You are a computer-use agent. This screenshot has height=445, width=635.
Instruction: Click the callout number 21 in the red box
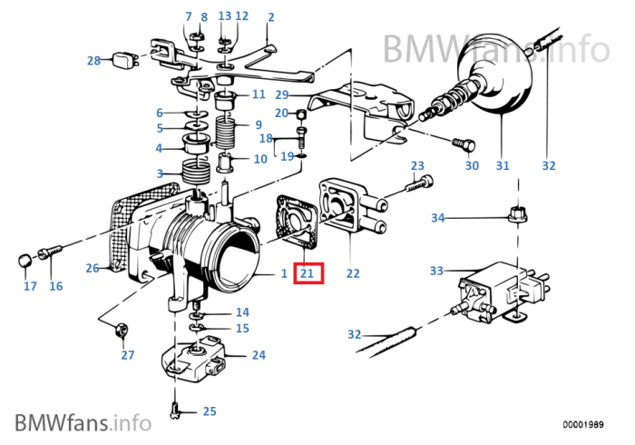tap(307, 272)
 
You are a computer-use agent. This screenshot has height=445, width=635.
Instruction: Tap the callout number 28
tap(93, 61)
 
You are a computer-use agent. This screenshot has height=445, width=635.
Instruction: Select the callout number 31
tap(502, 166)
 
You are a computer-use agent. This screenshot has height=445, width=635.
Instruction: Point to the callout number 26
tap(93, 268)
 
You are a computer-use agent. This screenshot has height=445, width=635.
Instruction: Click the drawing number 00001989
tap(581, 424)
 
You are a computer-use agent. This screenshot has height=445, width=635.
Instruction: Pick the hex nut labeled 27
tap(122, 331)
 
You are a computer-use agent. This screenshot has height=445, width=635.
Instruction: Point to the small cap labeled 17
tap(25, 262)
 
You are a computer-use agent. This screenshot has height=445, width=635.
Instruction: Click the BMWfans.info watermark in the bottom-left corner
tap(82, 422)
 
